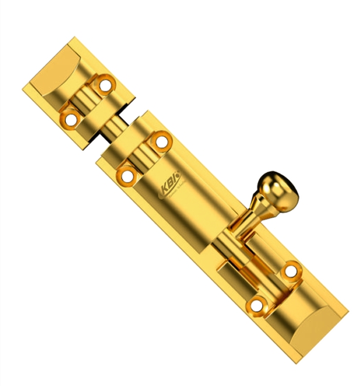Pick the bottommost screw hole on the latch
click(x=255, y=304)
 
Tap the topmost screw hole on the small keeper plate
click(x=105, y=85)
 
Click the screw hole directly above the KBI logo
click(x=161, y=141)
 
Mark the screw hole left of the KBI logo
click(x=126, y=174)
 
